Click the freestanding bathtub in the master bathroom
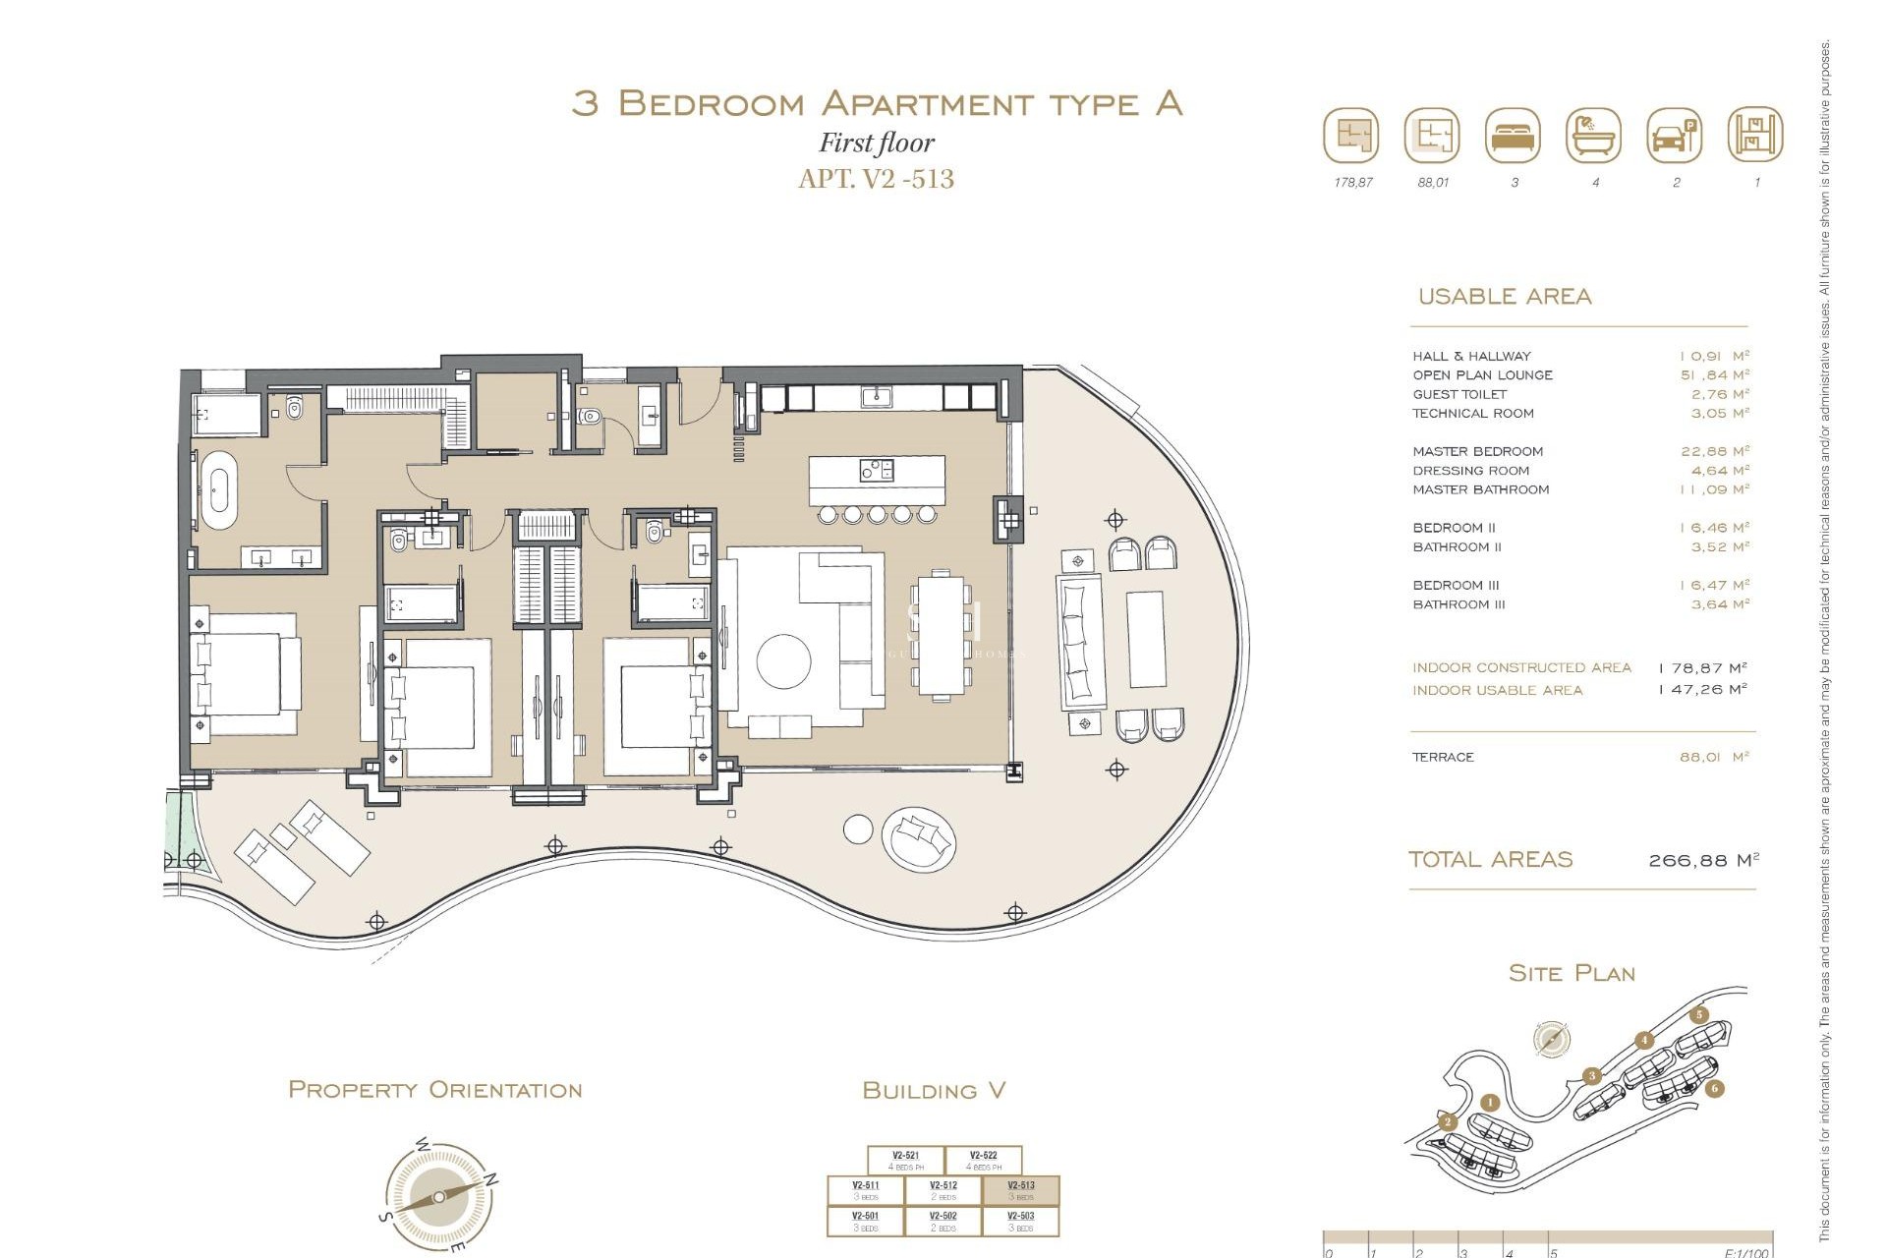(x=218, y=486)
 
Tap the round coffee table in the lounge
(x=783, y=658)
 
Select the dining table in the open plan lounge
(x=941, y=635)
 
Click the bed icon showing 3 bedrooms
(x=1514, y=136)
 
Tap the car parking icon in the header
(x=1675, y=136)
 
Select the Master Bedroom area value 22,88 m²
(x=1714, y=451)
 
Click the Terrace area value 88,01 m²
(x=1714, y=757)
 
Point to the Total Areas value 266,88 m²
(x=1703, y=860)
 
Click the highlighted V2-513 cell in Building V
(x=1021, y=1190)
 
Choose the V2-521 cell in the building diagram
(x=905, y=1161)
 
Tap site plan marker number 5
(x=1699, y=1015)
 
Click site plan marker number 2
(x=1447, y=1121)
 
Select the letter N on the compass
(x=491, y=1178)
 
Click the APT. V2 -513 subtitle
(x=876, y=179)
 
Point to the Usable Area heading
(x=1504, y=296)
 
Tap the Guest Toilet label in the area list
(x=1458, y=394)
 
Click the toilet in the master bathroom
(x=294, y=407)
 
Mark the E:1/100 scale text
(x=1745, y=1253)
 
